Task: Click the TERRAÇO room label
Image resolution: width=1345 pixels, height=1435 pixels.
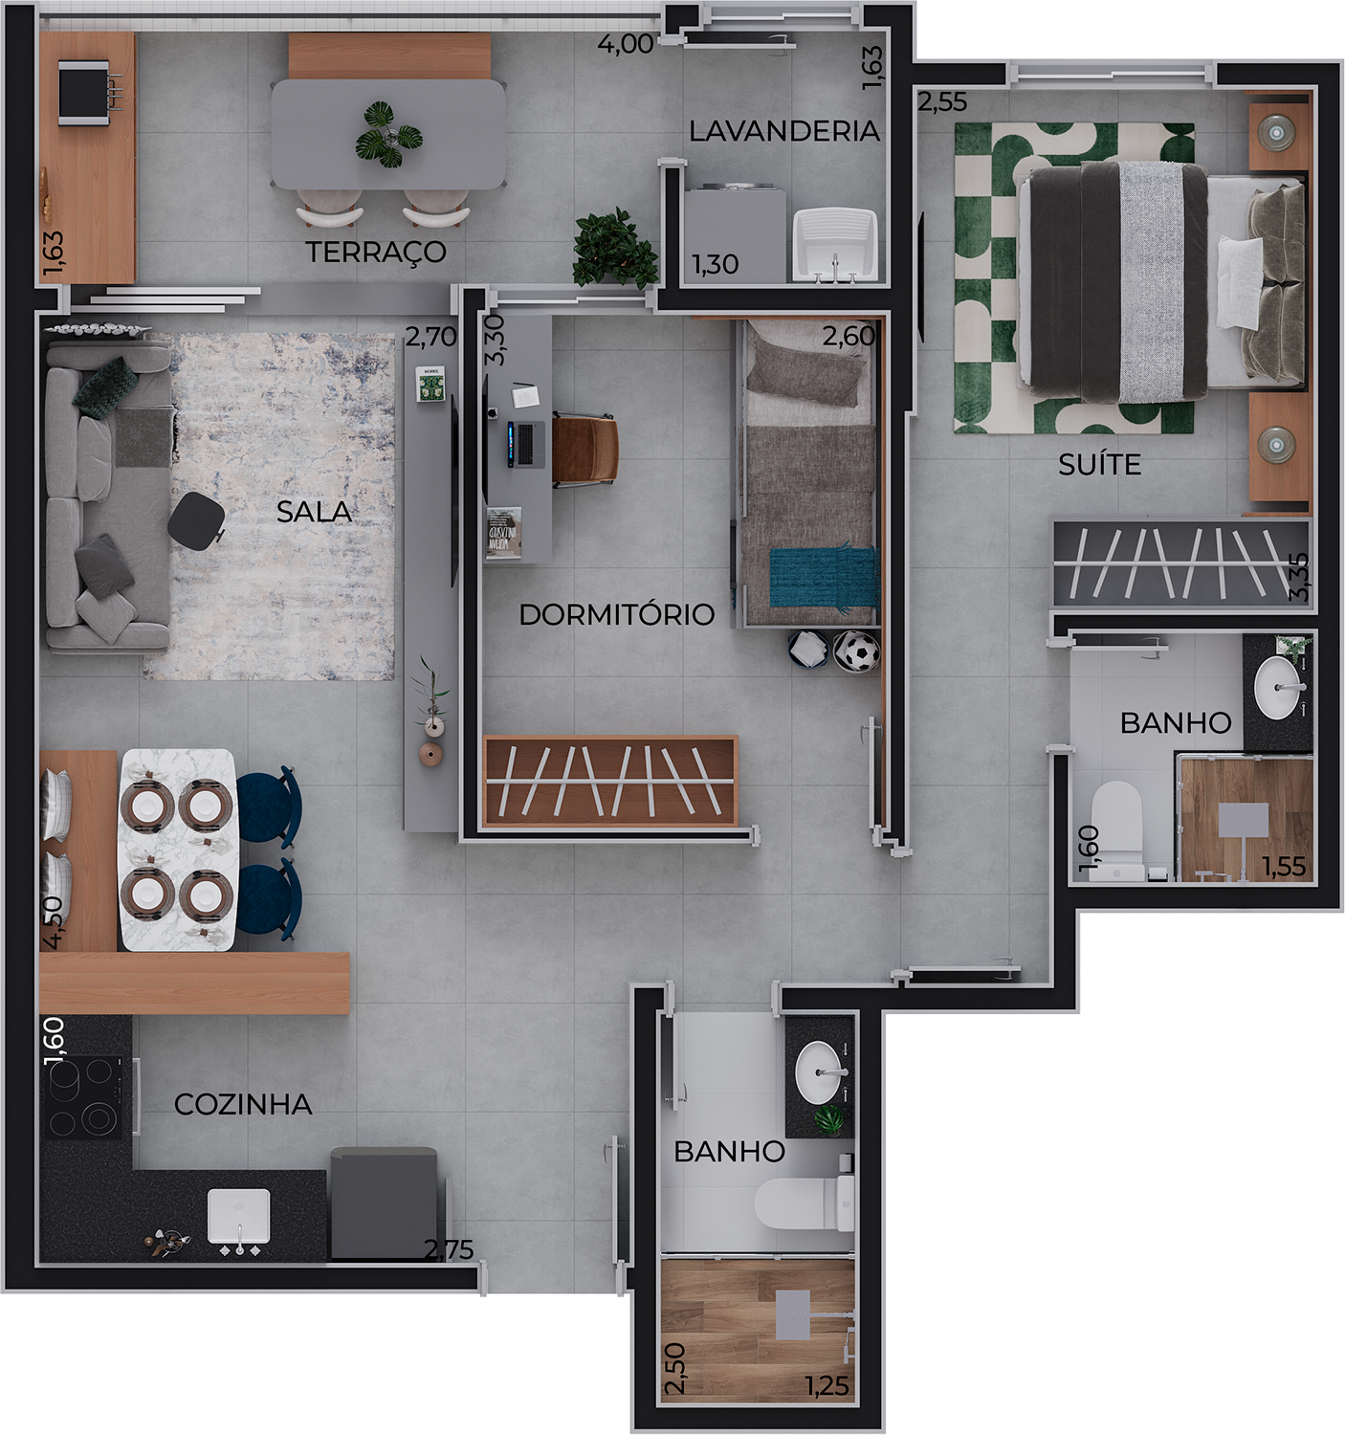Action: [x=375, y=253]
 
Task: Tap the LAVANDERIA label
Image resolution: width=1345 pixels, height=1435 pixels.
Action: [x=784, y=131]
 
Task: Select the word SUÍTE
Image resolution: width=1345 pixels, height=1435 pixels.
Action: [x=1099, y=464]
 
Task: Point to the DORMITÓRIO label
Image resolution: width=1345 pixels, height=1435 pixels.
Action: [x=616, y=614]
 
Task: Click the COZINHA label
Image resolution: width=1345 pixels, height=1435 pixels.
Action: [x=244, y=1104]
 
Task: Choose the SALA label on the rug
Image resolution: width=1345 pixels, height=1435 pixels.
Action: [x=314, y=512]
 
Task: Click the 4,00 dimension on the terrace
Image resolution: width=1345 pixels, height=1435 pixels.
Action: [x=626, y=44]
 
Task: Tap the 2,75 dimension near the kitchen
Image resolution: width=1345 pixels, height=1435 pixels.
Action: [x=448, y=1248]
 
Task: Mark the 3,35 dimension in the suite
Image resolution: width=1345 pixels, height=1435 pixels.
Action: [x=1299, y=577]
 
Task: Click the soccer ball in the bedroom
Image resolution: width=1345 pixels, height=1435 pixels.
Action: [x=856, y=651]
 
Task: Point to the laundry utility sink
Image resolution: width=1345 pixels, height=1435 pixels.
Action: [x=835, y=244]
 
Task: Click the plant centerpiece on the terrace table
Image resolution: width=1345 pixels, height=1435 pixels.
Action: [x=388, y=135]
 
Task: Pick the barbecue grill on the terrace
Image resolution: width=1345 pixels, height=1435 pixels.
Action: [x=88, y=93]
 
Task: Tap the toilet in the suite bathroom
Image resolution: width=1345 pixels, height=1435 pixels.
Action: [x=1116, y=831]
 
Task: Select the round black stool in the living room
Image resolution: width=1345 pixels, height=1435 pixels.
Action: [x=196, y=520]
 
